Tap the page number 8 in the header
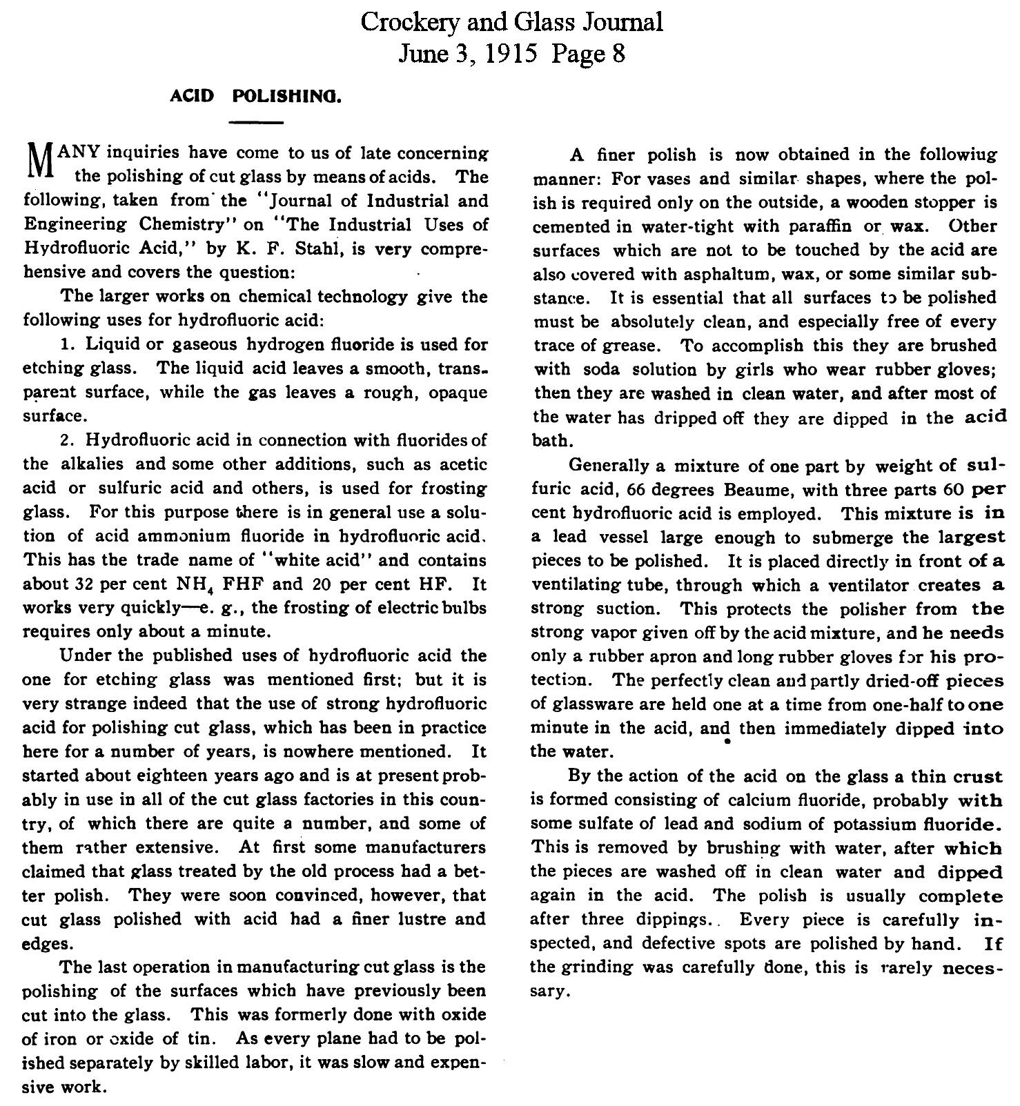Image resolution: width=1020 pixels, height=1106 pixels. tap(618, 54)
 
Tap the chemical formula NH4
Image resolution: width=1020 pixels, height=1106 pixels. tap(188, 585)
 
